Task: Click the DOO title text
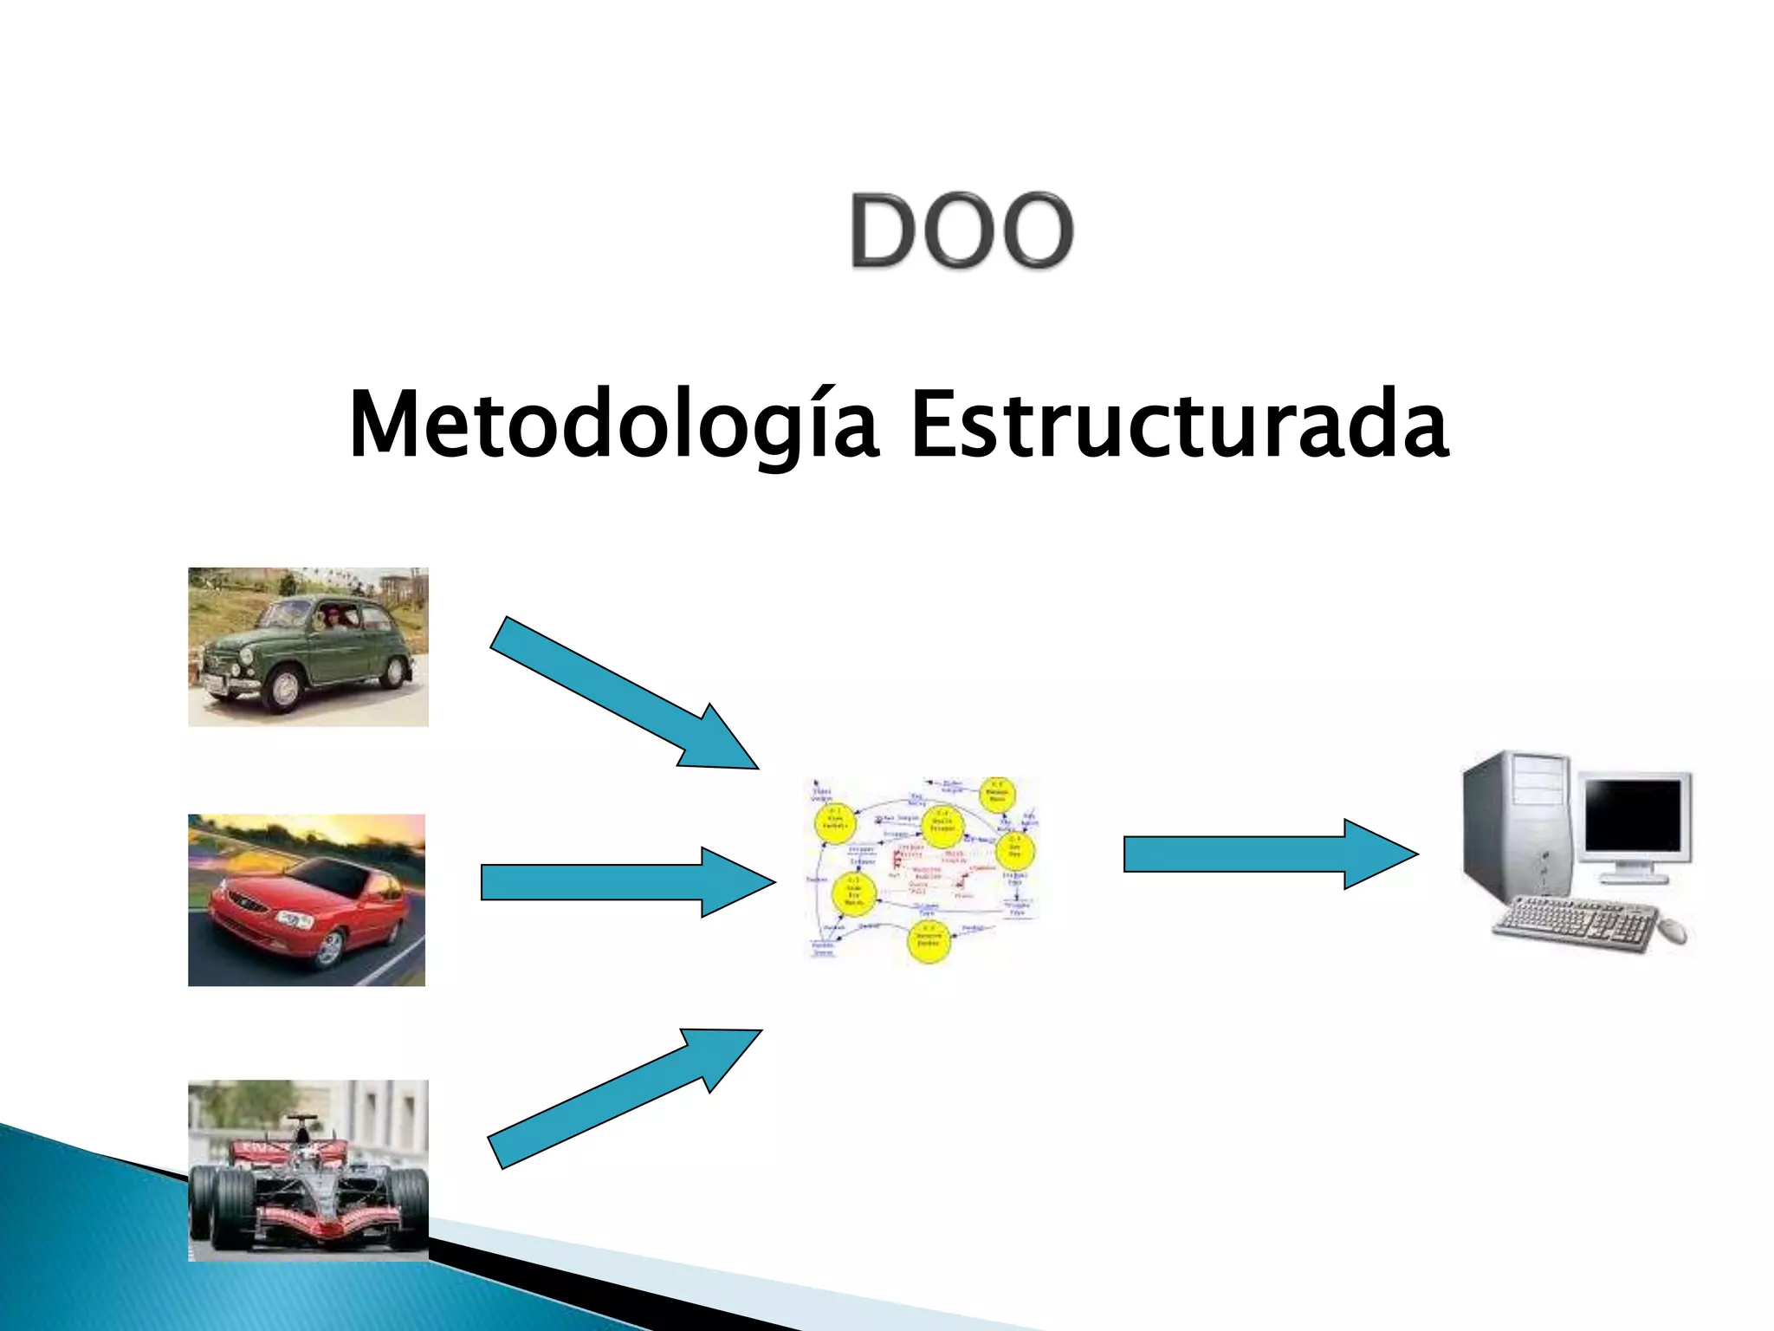pos(961,230)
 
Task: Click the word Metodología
pos(613,425)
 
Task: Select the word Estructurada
pos(1179,425)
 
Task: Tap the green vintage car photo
pos(308,646)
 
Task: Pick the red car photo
pos(307,899)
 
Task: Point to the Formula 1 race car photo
pos(308,1170)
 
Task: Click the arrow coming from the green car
pos(623,693)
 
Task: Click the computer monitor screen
pos(1633,815)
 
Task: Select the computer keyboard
pos(1572,925)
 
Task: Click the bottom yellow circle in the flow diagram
pos(929,941)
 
